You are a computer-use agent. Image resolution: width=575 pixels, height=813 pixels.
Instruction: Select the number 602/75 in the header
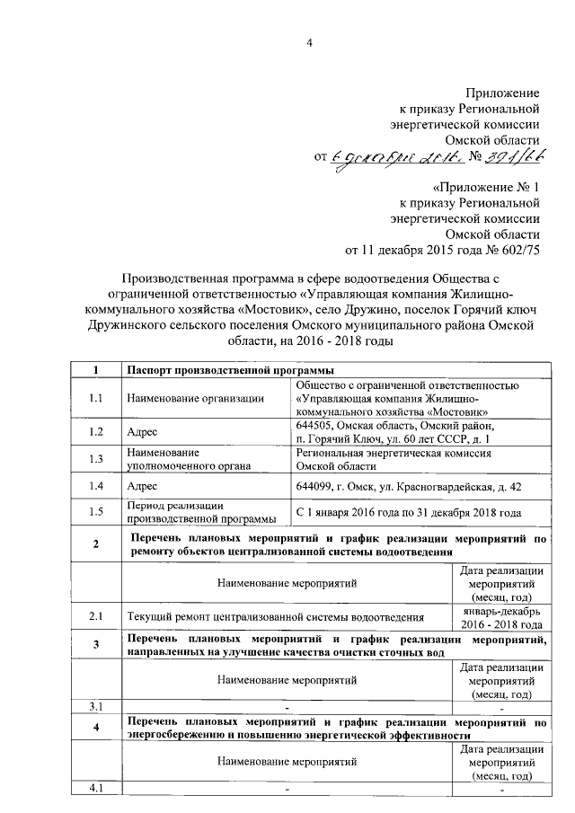[519, 249]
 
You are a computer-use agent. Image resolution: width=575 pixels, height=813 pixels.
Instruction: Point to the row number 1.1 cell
[95, 397]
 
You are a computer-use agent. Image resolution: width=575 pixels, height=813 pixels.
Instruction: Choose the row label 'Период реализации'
[174, 506]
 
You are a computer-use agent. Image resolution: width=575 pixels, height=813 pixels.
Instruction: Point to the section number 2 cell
[95, 544]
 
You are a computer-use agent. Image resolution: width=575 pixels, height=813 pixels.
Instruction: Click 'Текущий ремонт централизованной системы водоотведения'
[274, 617]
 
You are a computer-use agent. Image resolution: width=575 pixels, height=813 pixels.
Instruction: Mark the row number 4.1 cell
[95, 789]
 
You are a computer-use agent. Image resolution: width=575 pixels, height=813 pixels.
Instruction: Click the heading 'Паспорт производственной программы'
[231, 370]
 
